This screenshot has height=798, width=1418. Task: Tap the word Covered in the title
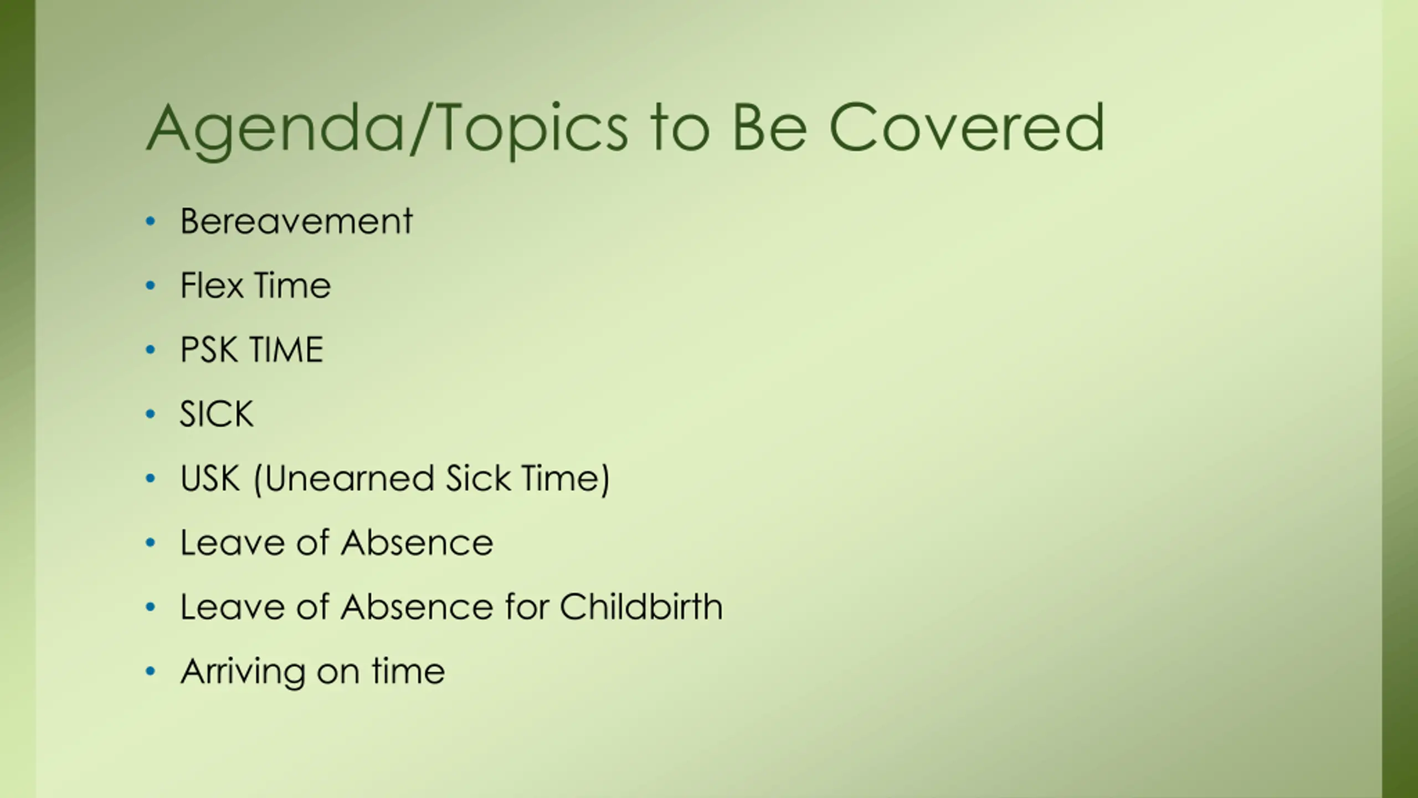click(x=967, y=127)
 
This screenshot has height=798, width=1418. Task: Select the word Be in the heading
click(x=769, y=127)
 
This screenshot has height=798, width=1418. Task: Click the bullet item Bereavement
click(x=296, y=221)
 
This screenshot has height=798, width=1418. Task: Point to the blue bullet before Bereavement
click(x=150, y=222)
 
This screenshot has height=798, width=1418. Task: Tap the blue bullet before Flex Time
click(x=150, y=286)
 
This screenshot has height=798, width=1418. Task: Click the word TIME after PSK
click(x=286, y=350)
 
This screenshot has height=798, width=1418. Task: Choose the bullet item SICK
click(x=217, y=414)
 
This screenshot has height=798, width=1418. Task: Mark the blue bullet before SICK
click(x=150, y=415)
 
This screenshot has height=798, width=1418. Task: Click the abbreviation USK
click(x=210, y=478)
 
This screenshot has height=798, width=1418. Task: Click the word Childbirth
click(x=641, y=606)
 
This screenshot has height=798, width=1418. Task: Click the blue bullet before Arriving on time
click(x=150, y=672)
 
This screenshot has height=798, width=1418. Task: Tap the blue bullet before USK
click(x=150, y=479)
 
